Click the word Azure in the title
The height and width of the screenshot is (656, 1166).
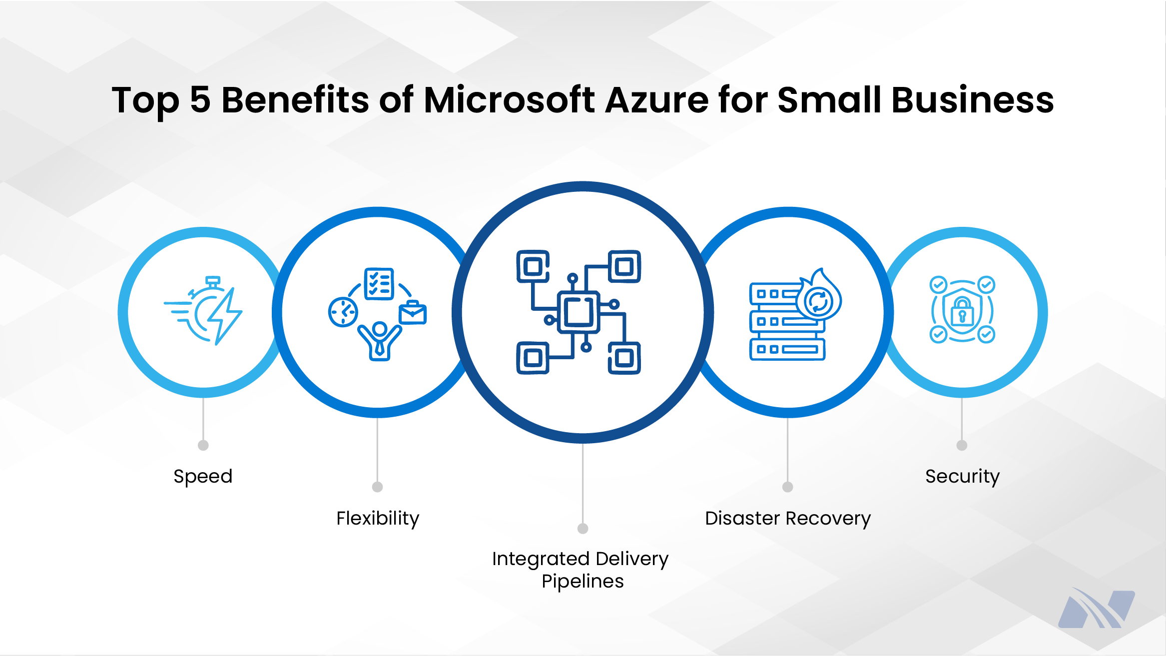pos(656,100)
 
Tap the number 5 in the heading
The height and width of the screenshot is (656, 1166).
pos(200,100)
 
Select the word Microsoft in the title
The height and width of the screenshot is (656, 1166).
pos(509,100)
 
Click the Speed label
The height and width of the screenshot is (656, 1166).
pos(203,477)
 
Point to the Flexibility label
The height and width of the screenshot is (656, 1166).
pos(378,519)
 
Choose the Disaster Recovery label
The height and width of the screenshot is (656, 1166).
pos(788,519)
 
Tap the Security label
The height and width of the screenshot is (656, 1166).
pos(962,477)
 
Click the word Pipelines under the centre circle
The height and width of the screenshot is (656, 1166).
pos(583,582)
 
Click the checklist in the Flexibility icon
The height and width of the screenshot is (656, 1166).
pos(379,284)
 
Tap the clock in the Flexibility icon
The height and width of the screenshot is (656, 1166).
pos(343,312)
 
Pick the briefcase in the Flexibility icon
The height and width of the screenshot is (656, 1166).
pos(413,313)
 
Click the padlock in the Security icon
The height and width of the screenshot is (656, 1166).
pos(962,311)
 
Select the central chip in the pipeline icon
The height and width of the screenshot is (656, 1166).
pos(579,312)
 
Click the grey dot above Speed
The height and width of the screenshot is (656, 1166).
pos(203,445)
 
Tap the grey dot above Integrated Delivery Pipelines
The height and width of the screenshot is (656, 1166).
pos(583,529)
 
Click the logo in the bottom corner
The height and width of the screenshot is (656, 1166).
pos(1097,609)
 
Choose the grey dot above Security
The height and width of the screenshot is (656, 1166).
pos(962,445)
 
